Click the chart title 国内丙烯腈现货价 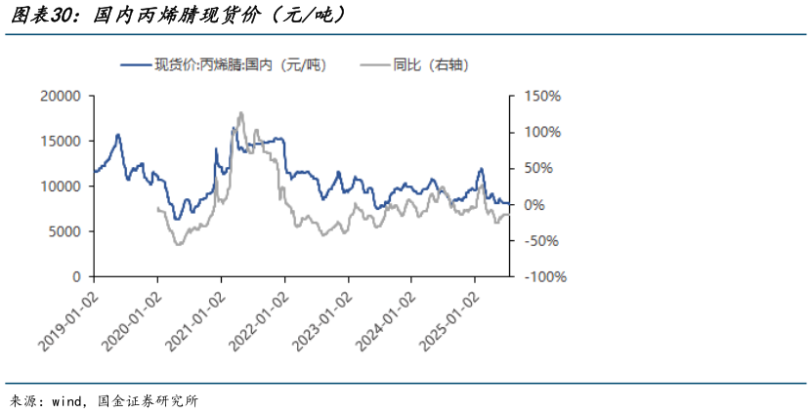[x=176, y=17]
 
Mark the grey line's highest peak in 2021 [x=240, y=113]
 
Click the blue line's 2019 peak [x=118, y=135]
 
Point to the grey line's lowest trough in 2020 [x=178, y=243]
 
